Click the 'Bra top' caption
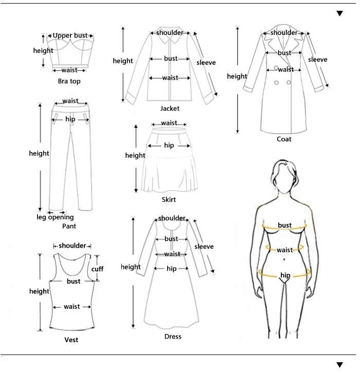click(69, 81)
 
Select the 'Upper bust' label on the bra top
click(70, 35)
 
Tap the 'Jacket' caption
click(170, 108)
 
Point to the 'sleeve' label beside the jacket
click(206, 63)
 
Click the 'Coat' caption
click(284, 139)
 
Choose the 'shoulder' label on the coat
click(284, 33)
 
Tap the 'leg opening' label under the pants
click(55, 217)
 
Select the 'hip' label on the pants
click(70, 119)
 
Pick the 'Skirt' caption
click(169, 199)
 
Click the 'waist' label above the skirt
click(169, 123)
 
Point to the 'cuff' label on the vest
click(97, 269)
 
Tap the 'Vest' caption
click(71, 340)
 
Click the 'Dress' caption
click(173, 337)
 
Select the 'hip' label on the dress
click(171, 269)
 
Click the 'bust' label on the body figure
click(285, 225)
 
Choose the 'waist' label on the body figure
click(285, 250)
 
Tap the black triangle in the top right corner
click(339, 13)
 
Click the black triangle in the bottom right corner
click(339, 364)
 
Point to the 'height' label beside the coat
click(237, 77)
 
